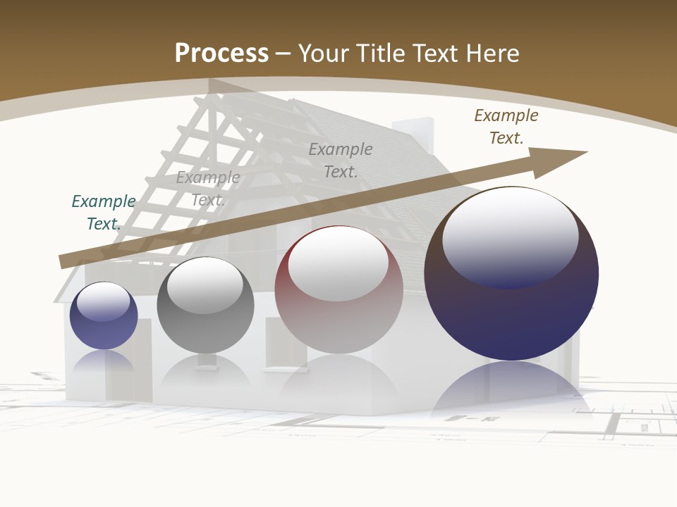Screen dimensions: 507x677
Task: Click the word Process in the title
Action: coord(221,54)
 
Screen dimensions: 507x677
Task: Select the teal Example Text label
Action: coord(104,213)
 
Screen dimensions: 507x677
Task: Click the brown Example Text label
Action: coord(506,127)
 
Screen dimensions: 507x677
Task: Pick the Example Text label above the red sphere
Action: coord(341,160)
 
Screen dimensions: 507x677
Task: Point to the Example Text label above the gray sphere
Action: coord(208,189)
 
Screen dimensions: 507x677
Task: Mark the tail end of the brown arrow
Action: coord(65,261)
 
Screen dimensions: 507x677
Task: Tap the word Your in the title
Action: coord(322,54)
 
